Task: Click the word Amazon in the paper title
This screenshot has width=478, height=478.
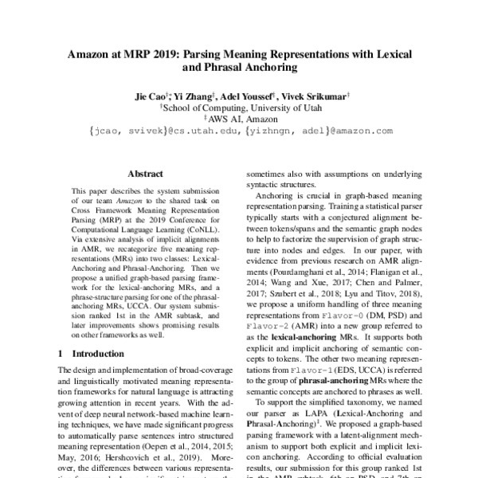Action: [x=92, y=57]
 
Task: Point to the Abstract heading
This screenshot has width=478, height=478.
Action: [x=145, y=174]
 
